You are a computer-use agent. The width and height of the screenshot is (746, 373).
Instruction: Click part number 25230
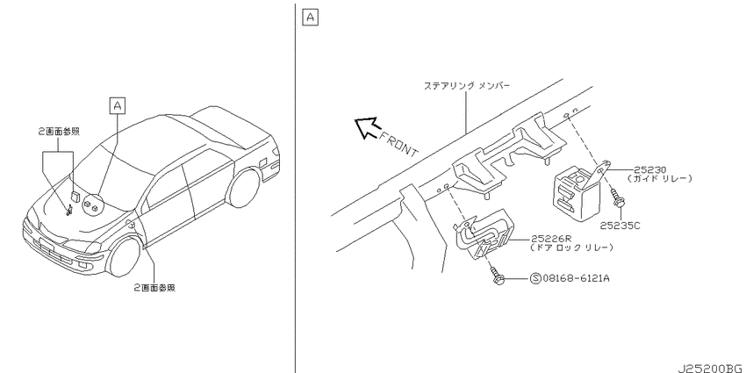coord(649,170)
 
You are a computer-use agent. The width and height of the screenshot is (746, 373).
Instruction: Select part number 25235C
coord(620,226)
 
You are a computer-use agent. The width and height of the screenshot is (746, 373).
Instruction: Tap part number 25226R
coord(548,240)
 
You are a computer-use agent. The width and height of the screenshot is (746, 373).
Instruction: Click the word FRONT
coord(398,143)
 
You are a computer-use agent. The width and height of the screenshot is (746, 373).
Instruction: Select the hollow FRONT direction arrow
coord(367,127)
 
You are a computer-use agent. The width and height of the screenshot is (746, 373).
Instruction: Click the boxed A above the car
coord(117,105)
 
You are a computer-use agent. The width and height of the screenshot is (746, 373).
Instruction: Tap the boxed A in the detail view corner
coord(310,18)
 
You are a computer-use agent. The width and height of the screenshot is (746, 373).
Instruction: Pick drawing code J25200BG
coord(712,369)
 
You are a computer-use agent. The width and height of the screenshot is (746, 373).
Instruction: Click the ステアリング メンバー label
coord(467,86)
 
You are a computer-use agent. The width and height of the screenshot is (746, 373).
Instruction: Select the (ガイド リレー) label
coord(659,179)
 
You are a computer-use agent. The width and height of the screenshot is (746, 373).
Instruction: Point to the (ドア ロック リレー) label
coord(571,248)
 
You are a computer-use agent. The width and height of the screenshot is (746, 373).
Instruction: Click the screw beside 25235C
coord(619,198)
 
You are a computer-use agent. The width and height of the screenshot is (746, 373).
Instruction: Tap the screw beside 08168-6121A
coord(496,276)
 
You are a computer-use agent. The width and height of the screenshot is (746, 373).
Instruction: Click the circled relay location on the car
coord(91,206)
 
